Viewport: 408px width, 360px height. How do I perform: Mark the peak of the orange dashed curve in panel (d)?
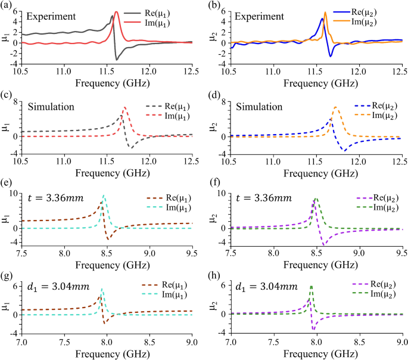[x=336, y=107]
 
